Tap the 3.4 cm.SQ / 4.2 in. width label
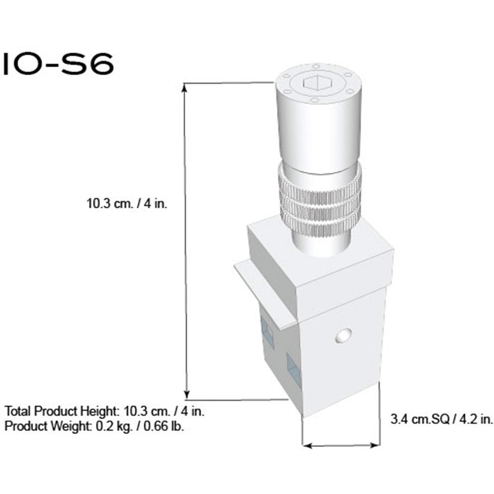coord(441,420)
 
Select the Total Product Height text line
coord(105,411)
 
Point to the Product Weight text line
coord(94,425)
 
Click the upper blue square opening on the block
coord(266,331)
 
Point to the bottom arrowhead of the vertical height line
coord(187,395)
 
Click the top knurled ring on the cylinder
coord(319,182)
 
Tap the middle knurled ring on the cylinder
coord(319,202)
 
